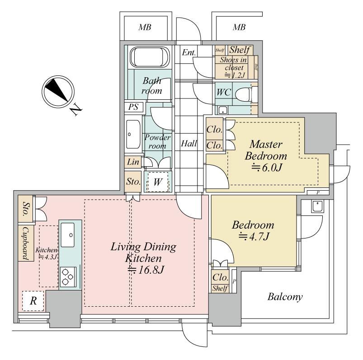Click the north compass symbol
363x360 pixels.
click(x=57, y=91)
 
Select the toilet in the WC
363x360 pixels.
click(x=251, y=94)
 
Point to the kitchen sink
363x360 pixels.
click(x=70, y=234)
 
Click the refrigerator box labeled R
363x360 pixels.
click(x=33, y=302)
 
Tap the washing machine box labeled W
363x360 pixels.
click(x=158, y=182)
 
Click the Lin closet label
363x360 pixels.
click(x=133, y=162)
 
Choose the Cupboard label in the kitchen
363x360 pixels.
click(x=25, y=243)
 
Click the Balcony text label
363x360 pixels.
click(x=285, y=297)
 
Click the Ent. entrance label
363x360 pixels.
click(x=189, y=53)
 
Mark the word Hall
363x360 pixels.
click(x=189, y=144)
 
